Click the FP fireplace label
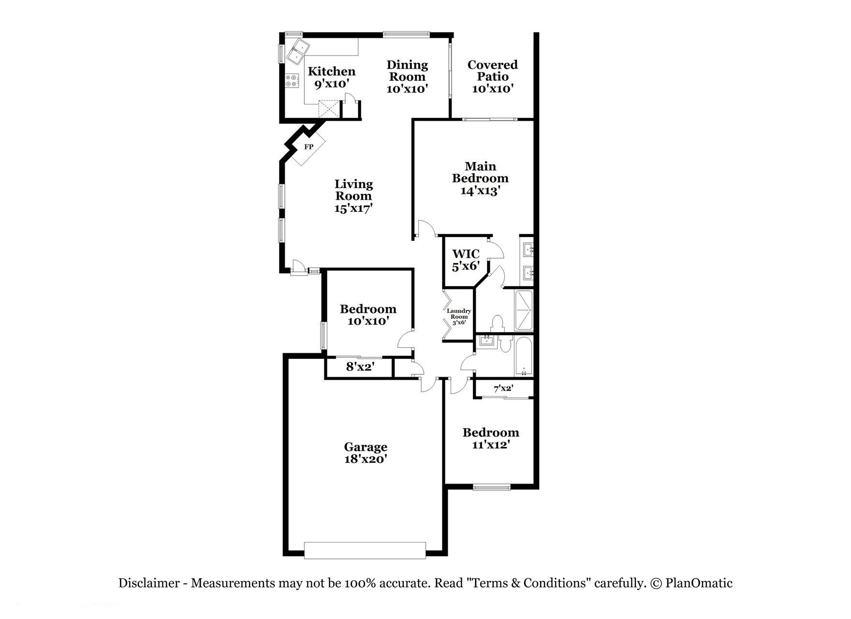(x=308, y=147)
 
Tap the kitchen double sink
(x=299, y=52)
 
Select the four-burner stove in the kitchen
(x=291, y=81)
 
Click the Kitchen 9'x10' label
(x=332, y=77)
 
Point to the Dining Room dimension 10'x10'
(x=407, y=89)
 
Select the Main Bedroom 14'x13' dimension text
(x=480, y=191)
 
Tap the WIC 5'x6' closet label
(x=466, y=260)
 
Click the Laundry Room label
(x=458, y=316)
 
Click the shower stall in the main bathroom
(x=523, y=309)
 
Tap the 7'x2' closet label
(x=503, y=388)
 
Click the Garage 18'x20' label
(x=366, y=453)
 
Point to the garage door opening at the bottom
(x=365, y=550)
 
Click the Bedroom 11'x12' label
(x=491, y=438)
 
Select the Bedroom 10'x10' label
(x=368, y=315)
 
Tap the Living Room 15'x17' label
(x=353, y=196)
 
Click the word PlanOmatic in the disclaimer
(x=699, y=583)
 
